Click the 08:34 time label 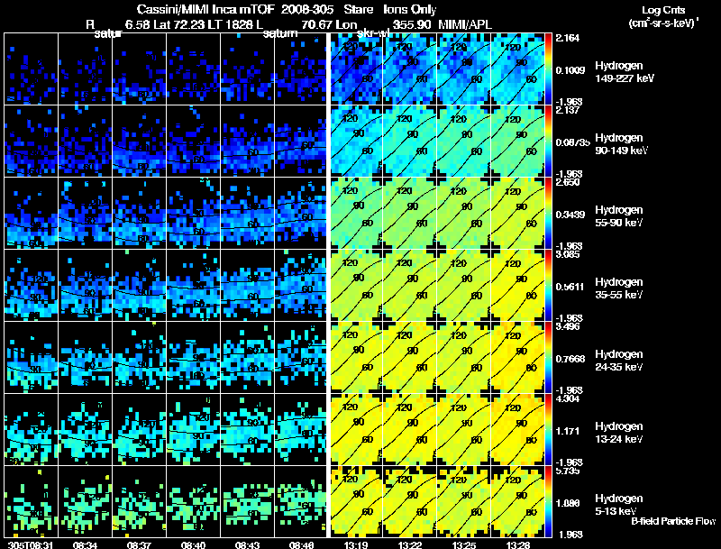(85, 544)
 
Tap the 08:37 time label (139, 544)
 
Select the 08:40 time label (193, 544)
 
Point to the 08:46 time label (301, 544)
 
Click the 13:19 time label (354, 544)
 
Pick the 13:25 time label (462, 544)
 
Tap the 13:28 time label (516, 544)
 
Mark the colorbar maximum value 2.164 (570, 38)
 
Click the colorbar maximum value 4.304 (570, 398)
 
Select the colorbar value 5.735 (570, 471)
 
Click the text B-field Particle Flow (673, 521)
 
